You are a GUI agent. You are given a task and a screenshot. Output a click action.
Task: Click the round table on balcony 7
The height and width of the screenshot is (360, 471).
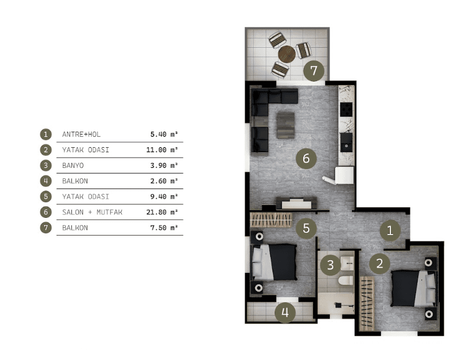pyautogui.click(x=287, y=54)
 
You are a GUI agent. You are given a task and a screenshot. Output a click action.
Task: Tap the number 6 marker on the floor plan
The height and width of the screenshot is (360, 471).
pyautogui.click(x=306, y=158)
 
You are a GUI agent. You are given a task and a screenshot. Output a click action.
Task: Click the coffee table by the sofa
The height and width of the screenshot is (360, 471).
pyautogui.click(x=285, y=125)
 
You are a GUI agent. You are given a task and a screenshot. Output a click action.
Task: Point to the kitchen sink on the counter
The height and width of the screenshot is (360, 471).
pyautogui.click(x=346, y=142)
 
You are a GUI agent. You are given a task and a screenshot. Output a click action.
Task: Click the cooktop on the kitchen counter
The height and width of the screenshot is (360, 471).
pyautogui.click(x=346, y=109)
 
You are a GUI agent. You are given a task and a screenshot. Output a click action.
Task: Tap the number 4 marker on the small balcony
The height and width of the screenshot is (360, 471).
pyautogui.click(x=285, y=313)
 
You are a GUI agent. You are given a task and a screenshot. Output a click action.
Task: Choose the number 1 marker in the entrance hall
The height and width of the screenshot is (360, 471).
pyautogui.click(x=390, y=231)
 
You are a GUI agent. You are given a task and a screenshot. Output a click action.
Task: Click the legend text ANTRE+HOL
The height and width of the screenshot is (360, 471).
pyautogui.click(x=81, y=134)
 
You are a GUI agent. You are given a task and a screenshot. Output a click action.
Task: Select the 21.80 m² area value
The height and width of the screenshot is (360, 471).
pyautogui.click(x=162, y=212)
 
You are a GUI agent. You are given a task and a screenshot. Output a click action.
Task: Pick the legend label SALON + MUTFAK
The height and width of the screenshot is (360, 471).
pyautogui.click(x=92, y=212)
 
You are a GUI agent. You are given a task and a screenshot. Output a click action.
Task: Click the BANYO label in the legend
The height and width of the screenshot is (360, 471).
pyautogui.click(x=73, y=166)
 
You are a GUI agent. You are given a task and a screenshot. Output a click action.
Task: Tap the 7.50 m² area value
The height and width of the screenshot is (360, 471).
pyautogui.click(x=164, y=228)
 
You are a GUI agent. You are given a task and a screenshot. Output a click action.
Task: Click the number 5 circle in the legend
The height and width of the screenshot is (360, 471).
pyautogui.click(x=46, y=197)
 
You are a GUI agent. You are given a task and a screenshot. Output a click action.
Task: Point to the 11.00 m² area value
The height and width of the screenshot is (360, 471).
pyautogui.click(x=162, y=149)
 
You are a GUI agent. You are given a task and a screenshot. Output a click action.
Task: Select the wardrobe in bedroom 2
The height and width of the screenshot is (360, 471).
pyautogui.click(x=367, y=303)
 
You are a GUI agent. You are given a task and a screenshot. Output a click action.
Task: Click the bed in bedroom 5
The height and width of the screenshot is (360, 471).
pyautogui.click(x=274, y=262)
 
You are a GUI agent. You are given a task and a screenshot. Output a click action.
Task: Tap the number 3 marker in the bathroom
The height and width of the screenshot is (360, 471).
pyautogui.click(x=330, y=265)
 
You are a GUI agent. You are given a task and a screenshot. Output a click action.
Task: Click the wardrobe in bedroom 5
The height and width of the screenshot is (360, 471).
pyautogui.click(x=271, y=219)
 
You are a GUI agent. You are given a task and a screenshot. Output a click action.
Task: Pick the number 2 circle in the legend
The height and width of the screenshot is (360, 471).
pyautogui.click(x=46, y=149)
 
